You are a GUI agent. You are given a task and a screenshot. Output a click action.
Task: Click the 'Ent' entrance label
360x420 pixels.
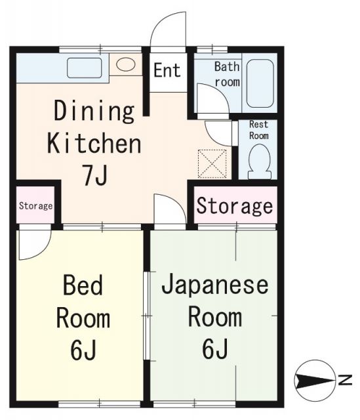167,70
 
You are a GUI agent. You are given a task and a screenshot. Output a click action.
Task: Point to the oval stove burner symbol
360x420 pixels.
126,65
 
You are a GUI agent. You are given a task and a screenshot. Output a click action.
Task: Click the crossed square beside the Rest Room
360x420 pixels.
212,163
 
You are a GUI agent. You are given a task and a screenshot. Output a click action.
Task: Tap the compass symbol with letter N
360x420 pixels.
313,379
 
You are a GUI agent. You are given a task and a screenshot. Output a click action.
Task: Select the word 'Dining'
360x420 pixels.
94,111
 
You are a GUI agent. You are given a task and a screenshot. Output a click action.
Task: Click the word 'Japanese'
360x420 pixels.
215,285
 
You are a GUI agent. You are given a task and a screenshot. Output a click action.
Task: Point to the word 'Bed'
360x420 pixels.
82,285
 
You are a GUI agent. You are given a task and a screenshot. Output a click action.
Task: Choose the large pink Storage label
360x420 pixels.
235,205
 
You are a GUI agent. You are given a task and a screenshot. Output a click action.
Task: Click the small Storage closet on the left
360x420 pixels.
35,205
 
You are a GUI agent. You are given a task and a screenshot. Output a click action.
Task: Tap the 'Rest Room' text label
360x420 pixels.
259,129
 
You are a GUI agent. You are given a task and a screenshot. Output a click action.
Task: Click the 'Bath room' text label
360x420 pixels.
228,74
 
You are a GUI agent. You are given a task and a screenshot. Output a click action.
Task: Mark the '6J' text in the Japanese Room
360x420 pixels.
215,348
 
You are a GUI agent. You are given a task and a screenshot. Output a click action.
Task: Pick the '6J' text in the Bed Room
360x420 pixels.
83,348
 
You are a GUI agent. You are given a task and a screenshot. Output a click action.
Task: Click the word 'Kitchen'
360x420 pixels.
94,142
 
